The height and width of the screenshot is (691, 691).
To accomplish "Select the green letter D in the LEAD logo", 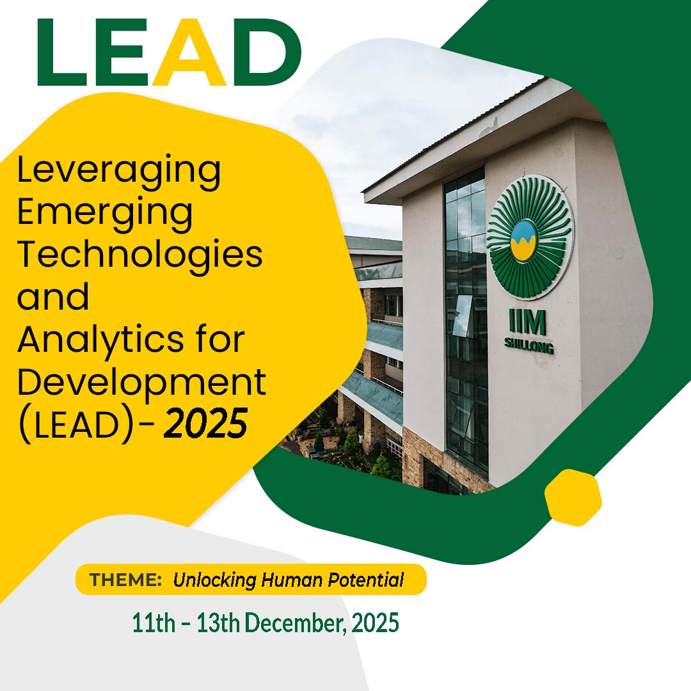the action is (x=267, y=52).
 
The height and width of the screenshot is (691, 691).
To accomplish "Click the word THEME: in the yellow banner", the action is (x=125, y=579).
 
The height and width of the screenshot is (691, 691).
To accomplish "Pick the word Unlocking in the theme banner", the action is (x=214, y=580).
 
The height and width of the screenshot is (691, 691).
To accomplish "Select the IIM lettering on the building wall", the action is (x=527, y=322).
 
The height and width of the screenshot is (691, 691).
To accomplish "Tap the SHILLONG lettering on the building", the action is (x=529, y=346).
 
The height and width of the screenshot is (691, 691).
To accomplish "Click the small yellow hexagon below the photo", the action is (x=573, y=497).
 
